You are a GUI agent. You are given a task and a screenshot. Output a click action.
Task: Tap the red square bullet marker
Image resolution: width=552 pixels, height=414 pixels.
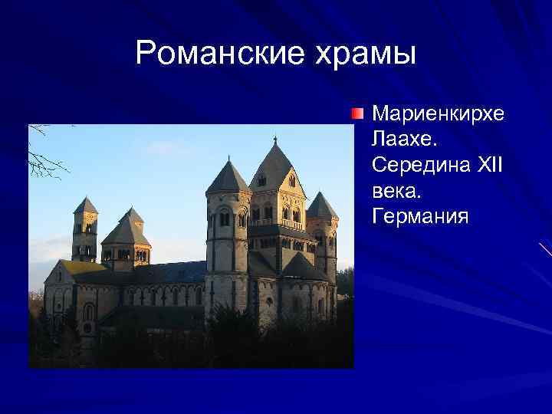click(x=358, y=114)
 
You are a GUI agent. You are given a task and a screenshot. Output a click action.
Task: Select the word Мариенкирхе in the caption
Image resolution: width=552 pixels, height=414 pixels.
click(x=438, y=114)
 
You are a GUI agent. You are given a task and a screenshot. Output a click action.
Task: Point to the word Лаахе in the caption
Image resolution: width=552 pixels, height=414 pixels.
click(x=403, y=140)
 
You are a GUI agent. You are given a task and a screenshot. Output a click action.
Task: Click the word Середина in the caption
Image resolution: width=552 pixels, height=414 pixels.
click(x=421, y=165)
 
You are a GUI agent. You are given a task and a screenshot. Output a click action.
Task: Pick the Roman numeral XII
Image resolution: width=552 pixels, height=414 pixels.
click(x=489, y=165)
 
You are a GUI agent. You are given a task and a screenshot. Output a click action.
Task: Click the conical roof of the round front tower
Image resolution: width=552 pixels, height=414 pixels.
click(x=228, y=178)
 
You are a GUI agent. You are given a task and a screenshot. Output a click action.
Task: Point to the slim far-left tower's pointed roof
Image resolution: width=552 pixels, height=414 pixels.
click(x=85, y=205)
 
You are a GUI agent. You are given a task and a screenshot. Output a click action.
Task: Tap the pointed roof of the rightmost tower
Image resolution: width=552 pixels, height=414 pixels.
click(x=321, y=205)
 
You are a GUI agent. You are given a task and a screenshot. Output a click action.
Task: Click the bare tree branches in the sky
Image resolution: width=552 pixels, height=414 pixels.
click(x=46, y=153)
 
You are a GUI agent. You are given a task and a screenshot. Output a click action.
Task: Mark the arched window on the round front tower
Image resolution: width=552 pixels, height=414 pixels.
click(x=225, y=219)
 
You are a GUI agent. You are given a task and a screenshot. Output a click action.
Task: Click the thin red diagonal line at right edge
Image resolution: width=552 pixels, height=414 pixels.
click(x=545, y=249)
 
